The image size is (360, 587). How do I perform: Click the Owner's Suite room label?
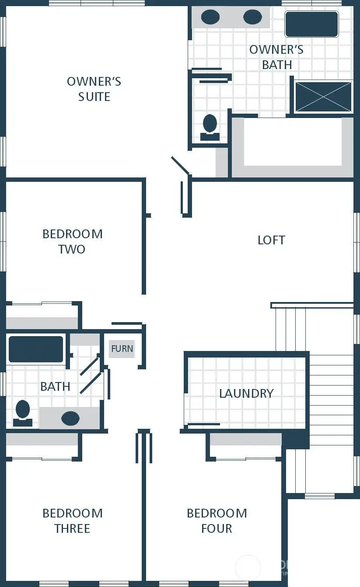coord(94,89)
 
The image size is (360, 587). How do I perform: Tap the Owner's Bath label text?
coord(276,57)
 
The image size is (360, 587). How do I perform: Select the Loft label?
coord(271,240)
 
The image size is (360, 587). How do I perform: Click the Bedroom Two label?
coord(73,241)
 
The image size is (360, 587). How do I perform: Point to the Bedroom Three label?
coord(73,521)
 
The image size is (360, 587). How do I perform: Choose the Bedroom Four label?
coord(217,521)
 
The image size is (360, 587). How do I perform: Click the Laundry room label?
coord(246,393)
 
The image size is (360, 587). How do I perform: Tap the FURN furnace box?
coord(122,349)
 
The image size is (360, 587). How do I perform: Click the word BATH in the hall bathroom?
coord(55,386)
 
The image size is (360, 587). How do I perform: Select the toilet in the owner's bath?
coord(210,126)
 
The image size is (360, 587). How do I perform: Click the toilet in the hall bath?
coord(22,413)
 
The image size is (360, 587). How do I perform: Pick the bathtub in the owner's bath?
coord(311,24)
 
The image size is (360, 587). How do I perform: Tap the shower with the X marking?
coord(323,97)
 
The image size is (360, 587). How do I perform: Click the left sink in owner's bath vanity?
coord(210,17)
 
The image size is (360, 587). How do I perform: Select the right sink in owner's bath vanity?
coord(252,17)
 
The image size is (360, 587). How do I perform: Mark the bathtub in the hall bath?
coord(36,349)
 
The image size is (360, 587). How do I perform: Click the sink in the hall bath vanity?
coord(70,418)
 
